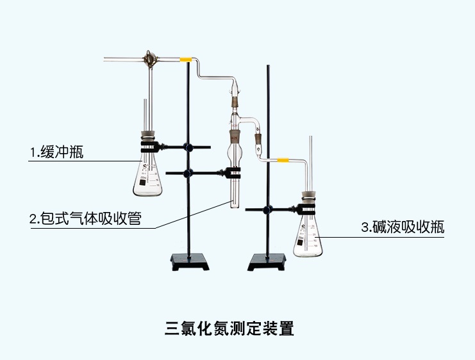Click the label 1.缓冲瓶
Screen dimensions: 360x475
pyautogui.click(x=56, y=152)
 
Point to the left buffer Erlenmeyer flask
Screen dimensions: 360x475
pyautogui.click(x=148, y=176)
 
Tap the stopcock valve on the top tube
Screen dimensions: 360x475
pyautogui.click(x=151, y=60)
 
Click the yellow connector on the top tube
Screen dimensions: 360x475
pyautogui.click(x=186, y=60)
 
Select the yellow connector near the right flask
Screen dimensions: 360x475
pyautogui.click(x=283, y=158)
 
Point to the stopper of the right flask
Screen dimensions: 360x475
pyautogui.click(x=308, y=197)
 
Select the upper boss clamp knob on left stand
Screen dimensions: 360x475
pyautogui.click(x=188, y=147)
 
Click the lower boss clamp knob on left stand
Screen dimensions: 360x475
pyautogui.click(x=188, y=172)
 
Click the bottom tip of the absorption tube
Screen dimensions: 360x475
pyautogui.click(x=235, y=206)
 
